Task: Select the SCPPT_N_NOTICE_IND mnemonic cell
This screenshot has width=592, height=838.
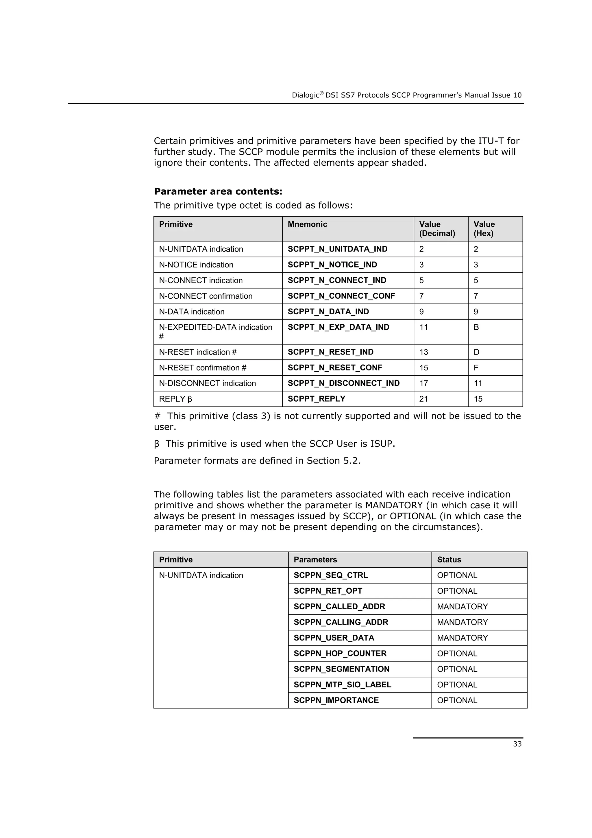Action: [x=332, y=265]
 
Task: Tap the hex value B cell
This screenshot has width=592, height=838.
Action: [x=476, y=327]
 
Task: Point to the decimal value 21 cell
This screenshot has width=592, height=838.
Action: [x=423, y=399]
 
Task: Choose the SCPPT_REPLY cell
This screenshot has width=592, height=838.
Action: [x=316, y=399]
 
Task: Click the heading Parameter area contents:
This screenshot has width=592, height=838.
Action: [x=218, y=191]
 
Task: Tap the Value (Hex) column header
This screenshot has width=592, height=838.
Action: [x=484, y=228]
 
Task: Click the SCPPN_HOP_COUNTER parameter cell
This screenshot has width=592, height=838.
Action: [x=340, y=653]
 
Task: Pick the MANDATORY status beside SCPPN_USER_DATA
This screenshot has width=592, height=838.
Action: [x=462, y=638]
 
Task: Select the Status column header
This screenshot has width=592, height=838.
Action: [x=449, y=560]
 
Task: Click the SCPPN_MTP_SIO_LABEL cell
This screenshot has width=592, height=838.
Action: [x=342, y=685]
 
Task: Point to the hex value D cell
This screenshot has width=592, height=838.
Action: [x=476, y=352]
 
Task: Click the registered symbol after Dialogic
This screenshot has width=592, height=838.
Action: [x=322, y=93]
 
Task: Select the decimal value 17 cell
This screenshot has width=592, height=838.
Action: [x=423, y=383]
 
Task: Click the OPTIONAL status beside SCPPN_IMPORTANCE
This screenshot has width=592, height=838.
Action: [x=457, y=700]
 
